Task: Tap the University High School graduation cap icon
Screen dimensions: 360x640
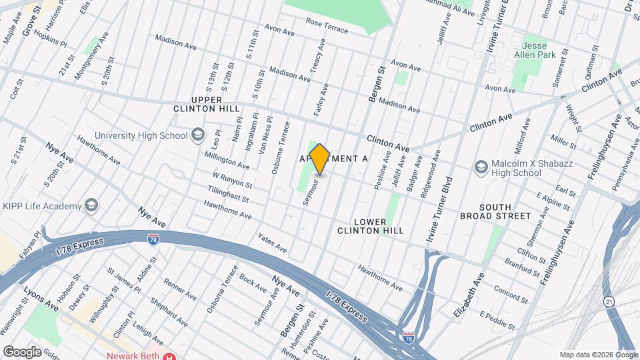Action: click(x=197, y=135)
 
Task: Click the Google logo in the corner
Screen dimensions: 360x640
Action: click(x=22, y=351)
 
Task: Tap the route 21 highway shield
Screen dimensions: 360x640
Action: click(x=609, y=302)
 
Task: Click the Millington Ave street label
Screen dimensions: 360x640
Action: click(x=227, y=161)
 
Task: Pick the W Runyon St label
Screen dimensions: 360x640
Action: click(x=232, y=180)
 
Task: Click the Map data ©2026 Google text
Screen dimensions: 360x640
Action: click(x=598, y=355)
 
